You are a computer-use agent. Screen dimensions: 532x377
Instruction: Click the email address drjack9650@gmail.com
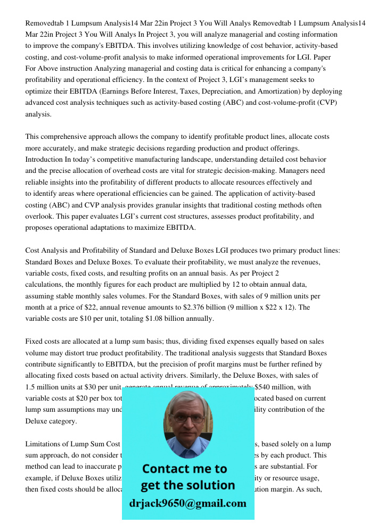[x=188, y=503]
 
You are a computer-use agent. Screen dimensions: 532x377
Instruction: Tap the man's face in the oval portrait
[x=187, y=418]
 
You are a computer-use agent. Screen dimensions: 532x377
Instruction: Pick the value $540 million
[x=273, y=387]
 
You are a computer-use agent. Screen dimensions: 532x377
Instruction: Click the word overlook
[x=40, y=217]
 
